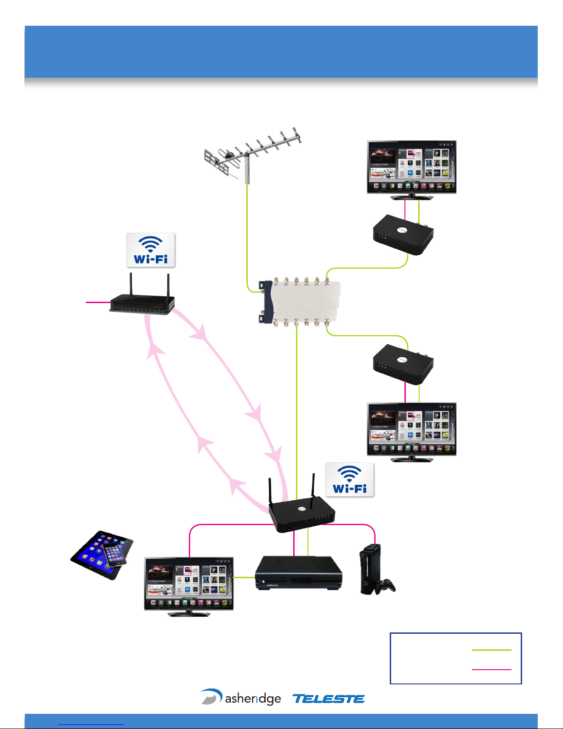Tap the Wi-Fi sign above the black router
(151, 250)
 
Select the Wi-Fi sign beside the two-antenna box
(350, 480)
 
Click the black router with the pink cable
(142, 304)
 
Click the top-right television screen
(411, 166)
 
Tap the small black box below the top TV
(404, 234)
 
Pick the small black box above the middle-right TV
(404, 364)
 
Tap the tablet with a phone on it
(102, 554)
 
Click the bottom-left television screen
(188, 583)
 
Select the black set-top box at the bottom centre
(298, 573)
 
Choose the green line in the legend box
(491, 650)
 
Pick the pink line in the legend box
(491, 669)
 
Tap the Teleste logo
(329, 699)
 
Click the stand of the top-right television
(411, 197)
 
